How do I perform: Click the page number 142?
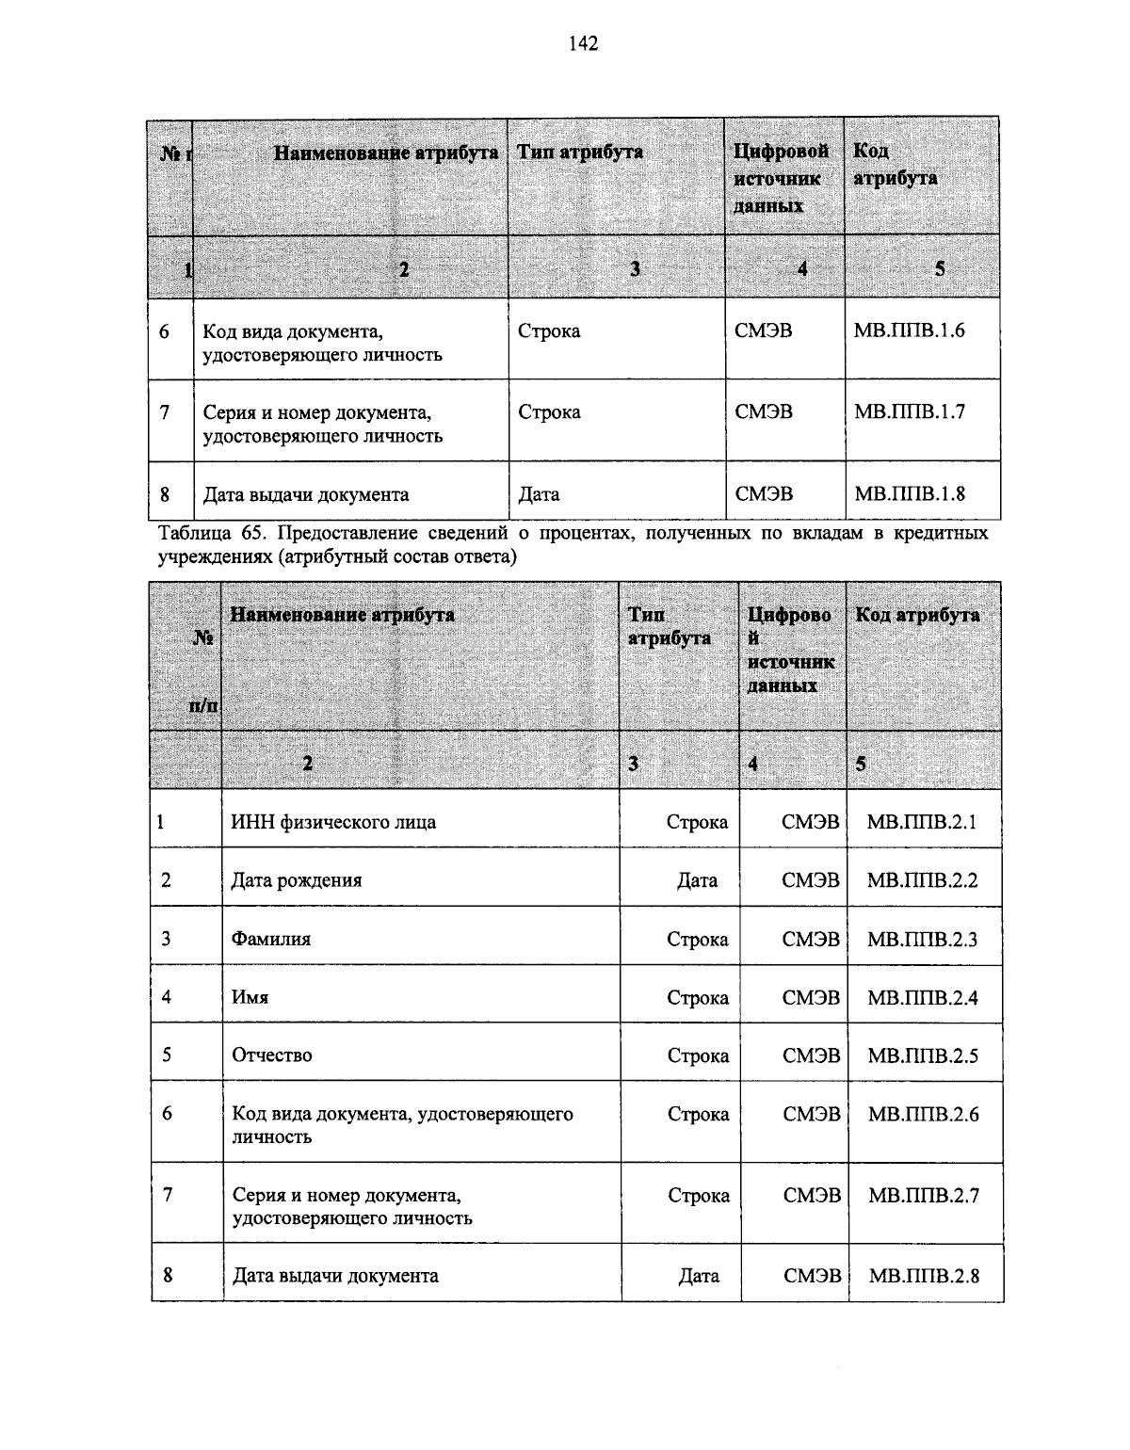click(583, 43)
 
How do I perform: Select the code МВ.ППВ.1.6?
click(909, 330)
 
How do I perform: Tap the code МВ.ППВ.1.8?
click(909, 493)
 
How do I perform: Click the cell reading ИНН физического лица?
click(333, 822)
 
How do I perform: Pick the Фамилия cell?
click(271, 939)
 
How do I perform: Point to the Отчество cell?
click(272, 1055)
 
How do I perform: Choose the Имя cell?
click(250, 997)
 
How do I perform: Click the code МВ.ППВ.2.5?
click(923, 1055)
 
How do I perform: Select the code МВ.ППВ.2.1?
click(922, 822)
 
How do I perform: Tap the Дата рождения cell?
click(297, 880)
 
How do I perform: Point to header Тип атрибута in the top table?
click(579, 152)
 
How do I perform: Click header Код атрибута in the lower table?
click(917, 615)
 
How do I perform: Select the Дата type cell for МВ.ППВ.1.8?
click(539, 494)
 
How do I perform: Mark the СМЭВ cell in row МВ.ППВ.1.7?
click(764, 411)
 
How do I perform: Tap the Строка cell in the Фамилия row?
click(697, 939)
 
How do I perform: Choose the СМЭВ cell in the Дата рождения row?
click(810, 880)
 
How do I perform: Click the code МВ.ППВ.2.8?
click(924, 1276)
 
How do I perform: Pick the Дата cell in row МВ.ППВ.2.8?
click(699, 1276)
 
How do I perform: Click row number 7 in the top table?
click(165, 411)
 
